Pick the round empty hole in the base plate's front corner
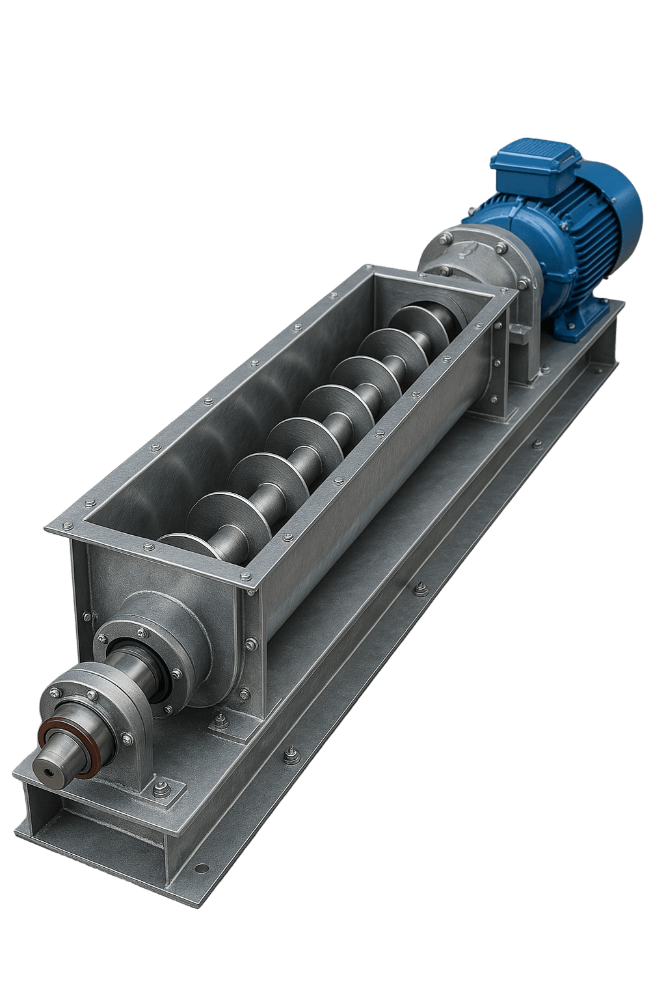(x=202, y=868)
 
